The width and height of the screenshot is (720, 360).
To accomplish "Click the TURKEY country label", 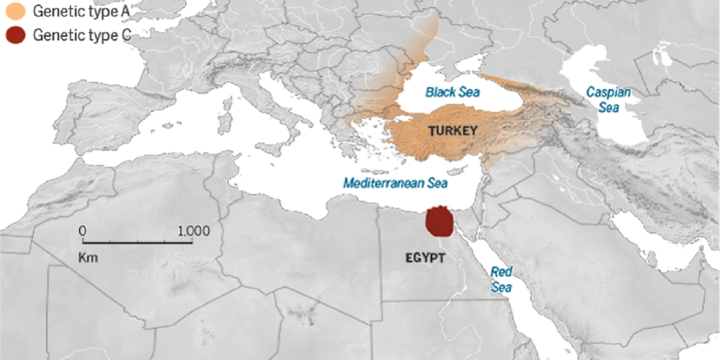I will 452,131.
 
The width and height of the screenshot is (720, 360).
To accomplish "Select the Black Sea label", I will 452,92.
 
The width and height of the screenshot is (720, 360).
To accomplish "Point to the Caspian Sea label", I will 608,100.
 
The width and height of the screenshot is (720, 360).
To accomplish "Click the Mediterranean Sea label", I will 395,183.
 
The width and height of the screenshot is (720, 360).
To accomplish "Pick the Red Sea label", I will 502,279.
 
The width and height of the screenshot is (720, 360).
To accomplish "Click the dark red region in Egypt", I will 438,222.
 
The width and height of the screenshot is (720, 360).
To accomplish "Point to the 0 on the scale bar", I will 82,231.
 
